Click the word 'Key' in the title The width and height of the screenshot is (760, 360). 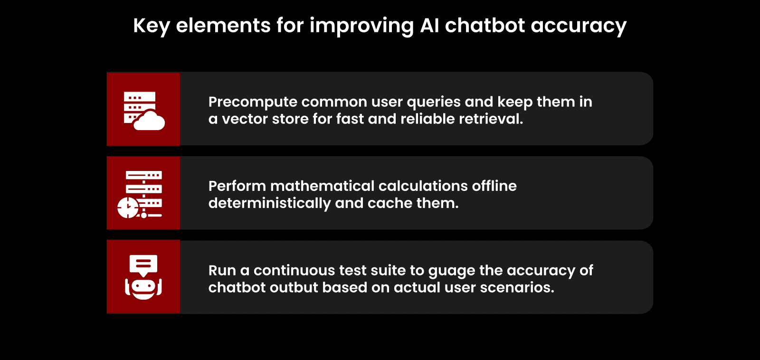[151, 26]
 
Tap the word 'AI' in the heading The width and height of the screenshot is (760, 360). [429, 26]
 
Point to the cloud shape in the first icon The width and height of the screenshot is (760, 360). [150, 121]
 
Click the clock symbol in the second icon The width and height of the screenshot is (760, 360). [128, 208]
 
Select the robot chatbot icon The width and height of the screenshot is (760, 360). [143, 277]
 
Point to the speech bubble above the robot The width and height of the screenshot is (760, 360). [143, 265]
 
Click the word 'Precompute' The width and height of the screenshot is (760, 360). [252, 102]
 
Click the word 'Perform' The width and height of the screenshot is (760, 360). [237, 186]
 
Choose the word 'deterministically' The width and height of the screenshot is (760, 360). [269, 203]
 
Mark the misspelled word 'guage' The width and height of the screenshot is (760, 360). [451, 271]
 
